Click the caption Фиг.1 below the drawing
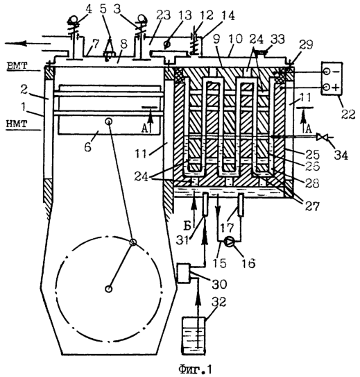[195, 369]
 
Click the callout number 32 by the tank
[218, 302]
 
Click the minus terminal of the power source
[326, 72]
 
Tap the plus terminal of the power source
[326, 87]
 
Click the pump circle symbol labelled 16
[229, 242]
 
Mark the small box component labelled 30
[184, 273]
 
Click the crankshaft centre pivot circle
[109, 289]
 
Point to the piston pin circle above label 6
[109, 122]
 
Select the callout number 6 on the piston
[87, 146]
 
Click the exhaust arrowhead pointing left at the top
[17, 44]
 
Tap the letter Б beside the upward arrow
[187, 226]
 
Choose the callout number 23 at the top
[163, 16]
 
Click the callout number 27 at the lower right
[311, 206]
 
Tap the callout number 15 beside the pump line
[220, 262]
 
